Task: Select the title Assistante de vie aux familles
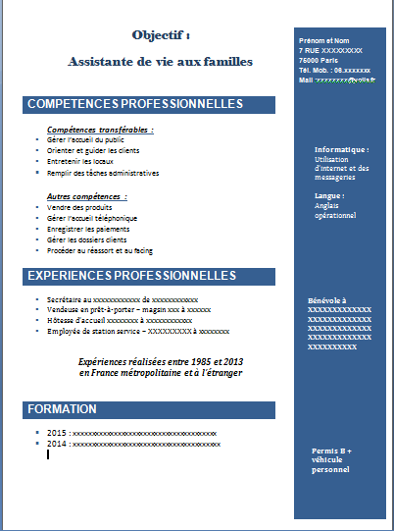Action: (x=160, y=61)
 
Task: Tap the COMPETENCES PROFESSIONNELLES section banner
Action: (x=134, y=103)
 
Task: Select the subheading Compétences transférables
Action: (x=99, y=129)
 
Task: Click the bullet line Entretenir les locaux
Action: (x=78, y=162)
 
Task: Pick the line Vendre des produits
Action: (x=75, y=207)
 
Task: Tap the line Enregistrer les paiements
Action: (x=86, y=229)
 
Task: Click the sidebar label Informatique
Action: (x=341, y=149)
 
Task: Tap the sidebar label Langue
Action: (x=328, y=195)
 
